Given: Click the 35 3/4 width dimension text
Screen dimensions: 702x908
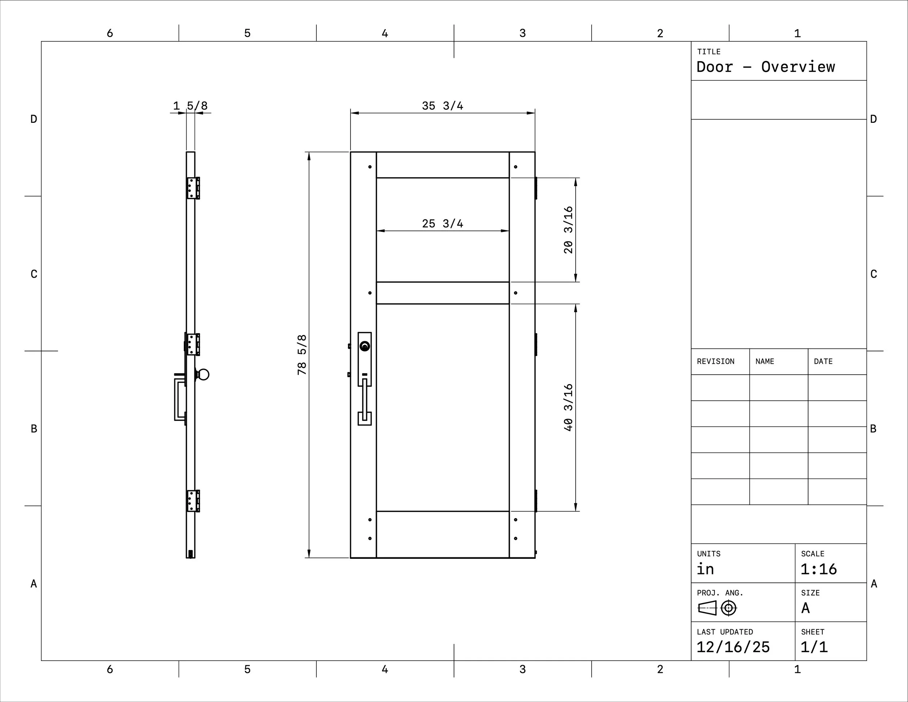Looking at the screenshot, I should (442, 106).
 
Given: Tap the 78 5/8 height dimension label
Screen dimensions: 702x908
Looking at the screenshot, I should (302, 355).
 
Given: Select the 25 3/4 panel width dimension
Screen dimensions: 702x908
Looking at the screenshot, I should (442, 224).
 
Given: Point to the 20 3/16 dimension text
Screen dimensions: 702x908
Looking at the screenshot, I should (568, 230).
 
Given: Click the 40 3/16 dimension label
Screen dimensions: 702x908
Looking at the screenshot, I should (568, 408).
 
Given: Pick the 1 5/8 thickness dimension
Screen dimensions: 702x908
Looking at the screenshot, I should (190, 106).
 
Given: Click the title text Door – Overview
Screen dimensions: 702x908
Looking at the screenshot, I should (765, 67).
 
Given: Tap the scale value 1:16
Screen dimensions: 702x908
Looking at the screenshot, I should (819, 569).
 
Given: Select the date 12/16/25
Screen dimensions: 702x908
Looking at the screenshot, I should (733, 647).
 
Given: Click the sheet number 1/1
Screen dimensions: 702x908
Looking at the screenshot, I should (814, 647).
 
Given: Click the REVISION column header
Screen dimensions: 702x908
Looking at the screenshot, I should (716, 362).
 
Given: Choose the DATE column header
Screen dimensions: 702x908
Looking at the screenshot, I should (823, 362).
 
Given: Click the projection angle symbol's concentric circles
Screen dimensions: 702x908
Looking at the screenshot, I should (728, 608).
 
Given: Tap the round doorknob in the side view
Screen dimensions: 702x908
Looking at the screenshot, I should (204, 375).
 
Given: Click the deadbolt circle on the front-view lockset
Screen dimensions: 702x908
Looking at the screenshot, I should (365, 346).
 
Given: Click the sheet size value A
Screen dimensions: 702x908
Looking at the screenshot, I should (805, 608).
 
